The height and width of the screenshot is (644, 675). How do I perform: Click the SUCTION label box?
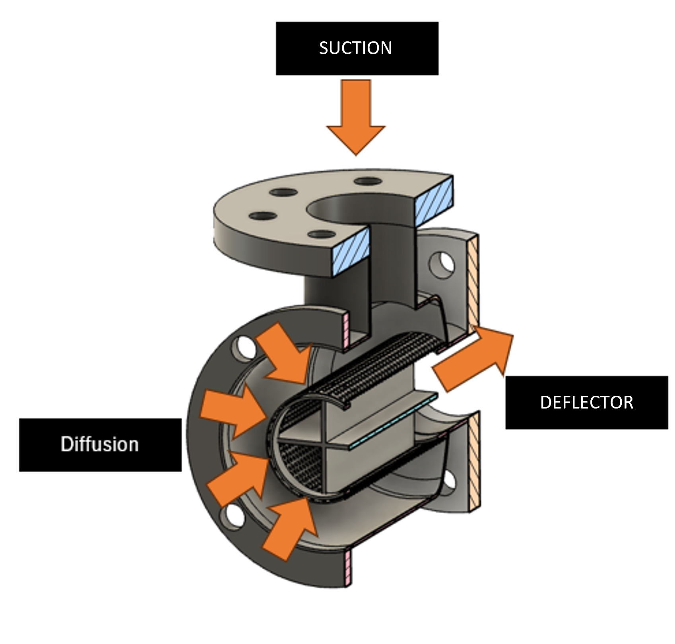click(x=357, y=48)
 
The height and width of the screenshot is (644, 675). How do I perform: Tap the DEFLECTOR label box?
click(x=586, y=402)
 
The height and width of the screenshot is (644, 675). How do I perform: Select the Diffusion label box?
click(x=100, y=444)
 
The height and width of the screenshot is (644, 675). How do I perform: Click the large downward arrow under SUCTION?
click(x=356, y=115)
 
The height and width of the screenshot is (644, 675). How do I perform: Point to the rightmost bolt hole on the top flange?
click(x=368, y=181)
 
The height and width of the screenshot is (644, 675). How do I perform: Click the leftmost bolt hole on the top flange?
click(x=263, y=216)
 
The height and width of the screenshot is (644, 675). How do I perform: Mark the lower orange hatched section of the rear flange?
click(x=475, y=461)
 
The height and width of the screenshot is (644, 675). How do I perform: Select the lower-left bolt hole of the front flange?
click(x=235, y=516)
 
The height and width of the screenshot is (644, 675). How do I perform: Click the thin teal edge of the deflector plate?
click(x=394, y=422)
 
